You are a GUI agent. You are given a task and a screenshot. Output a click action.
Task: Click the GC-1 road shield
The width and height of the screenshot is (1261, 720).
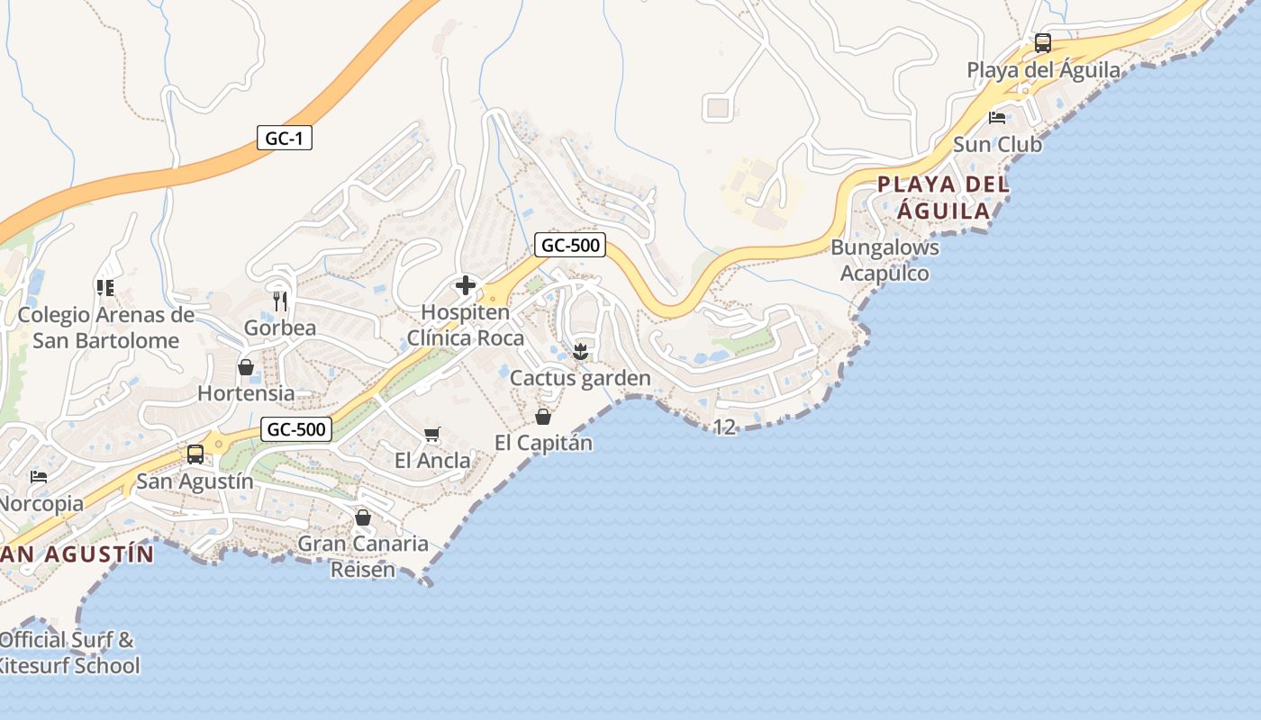[x=284, y=139]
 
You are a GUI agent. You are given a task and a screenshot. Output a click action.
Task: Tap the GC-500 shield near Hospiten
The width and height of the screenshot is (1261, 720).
[x=569, y=245]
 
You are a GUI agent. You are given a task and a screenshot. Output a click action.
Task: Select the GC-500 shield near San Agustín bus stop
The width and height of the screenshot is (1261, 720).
[x=296, y=429]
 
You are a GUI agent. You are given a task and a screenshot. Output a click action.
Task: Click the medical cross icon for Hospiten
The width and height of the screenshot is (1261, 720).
[x=466, y=286]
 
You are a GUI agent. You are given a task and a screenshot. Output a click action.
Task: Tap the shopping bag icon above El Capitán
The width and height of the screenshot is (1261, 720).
[x=542, y=416]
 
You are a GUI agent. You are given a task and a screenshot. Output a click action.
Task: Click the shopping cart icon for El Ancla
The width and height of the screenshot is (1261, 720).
[x=431, y=435]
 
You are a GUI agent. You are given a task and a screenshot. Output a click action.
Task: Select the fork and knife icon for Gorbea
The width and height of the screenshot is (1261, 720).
[x=280, y=301]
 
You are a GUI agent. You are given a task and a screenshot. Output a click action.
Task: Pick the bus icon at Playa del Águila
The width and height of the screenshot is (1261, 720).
[x=1043, y=42]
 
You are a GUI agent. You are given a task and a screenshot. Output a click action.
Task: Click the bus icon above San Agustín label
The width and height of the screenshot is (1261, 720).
[x=195, y=454]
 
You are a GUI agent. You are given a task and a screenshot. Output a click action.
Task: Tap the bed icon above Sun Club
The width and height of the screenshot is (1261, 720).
[x=997, y=117]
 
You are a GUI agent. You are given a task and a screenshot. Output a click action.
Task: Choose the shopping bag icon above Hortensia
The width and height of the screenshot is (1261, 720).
[x=245, y=367]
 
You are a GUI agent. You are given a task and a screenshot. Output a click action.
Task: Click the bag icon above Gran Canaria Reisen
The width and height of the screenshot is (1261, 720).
[x=363, y=517]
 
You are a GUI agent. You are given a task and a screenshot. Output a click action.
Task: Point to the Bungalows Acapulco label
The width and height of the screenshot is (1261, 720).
[x=885, y=260]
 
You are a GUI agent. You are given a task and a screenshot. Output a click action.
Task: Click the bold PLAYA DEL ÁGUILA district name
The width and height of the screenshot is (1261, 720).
[x=943, y=197]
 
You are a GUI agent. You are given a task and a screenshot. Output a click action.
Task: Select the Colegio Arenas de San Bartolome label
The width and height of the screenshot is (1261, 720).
[x=106, y=328]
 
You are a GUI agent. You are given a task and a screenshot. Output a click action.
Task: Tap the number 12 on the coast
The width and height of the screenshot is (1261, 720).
[x=725, y=427]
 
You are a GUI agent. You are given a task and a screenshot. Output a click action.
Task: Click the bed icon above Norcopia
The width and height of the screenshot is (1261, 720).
[x=39, y=476]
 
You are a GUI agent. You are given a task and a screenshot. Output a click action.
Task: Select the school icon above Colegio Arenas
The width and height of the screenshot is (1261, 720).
[x=105, y=288]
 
